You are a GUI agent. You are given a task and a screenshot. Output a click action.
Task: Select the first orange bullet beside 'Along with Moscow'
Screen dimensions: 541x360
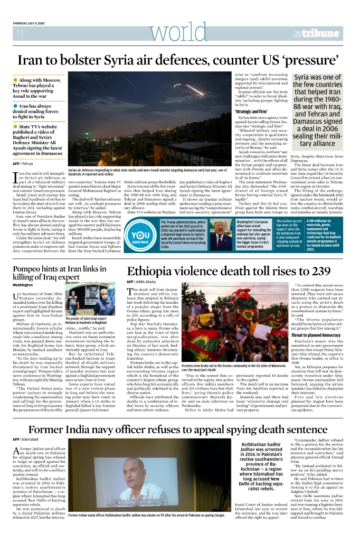[x=16, y=80]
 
